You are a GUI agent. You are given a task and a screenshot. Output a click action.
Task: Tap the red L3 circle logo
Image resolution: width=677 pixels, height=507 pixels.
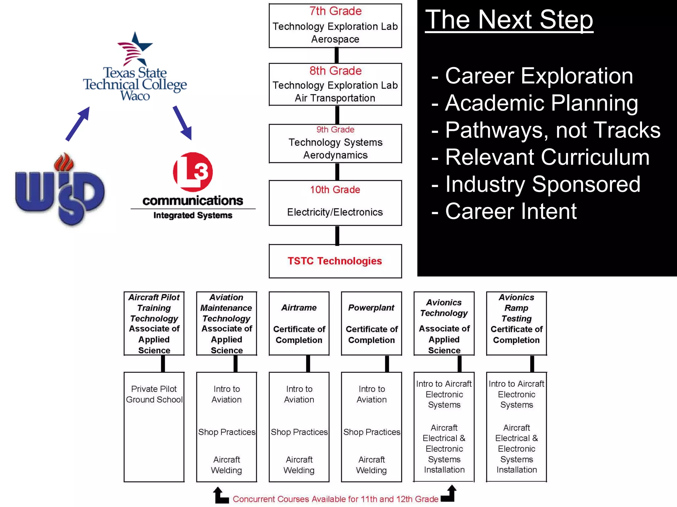tap(193, 172)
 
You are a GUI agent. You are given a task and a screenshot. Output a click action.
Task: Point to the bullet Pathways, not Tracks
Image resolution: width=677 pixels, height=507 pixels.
tap(552, 130)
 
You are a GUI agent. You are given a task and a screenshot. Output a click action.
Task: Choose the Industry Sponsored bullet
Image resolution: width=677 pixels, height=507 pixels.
tap(542, 184)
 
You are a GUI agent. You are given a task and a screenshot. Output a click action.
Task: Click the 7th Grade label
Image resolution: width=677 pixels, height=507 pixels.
tap(335, 11)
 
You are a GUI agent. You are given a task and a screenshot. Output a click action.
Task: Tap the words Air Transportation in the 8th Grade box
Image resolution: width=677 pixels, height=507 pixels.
tap(335, 98)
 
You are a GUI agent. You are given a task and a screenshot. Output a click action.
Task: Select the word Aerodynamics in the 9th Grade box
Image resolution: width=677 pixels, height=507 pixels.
tap(335, 155)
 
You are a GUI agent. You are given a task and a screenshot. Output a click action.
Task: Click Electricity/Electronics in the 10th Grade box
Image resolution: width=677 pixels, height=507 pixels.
tap(335, 212)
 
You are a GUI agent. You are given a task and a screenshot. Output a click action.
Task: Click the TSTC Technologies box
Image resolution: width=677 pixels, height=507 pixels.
tap(335, 261)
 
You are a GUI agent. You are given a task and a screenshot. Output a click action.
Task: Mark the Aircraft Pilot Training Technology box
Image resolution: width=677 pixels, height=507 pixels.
tap(154, 323)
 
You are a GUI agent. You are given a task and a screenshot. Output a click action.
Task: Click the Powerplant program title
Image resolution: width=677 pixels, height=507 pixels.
tap(371, 308)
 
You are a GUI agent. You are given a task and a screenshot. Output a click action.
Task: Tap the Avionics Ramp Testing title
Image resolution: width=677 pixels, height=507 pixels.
tap(516, 308)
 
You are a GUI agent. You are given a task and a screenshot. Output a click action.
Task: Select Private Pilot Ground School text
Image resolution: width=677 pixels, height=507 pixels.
tap(154, 394)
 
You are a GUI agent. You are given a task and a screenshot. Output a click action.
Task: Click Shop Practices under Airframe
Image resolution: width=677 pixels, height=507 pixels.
tap(299, 432)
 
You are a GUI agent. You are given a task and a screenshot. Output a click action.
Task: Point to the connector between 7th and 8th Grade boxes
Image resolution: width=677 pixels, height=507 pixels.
tap(337, 56)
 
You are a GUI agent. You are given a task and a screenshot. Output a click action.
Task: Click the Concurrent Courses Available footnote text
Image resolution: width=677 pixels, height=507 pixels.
tap(335, 499)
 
